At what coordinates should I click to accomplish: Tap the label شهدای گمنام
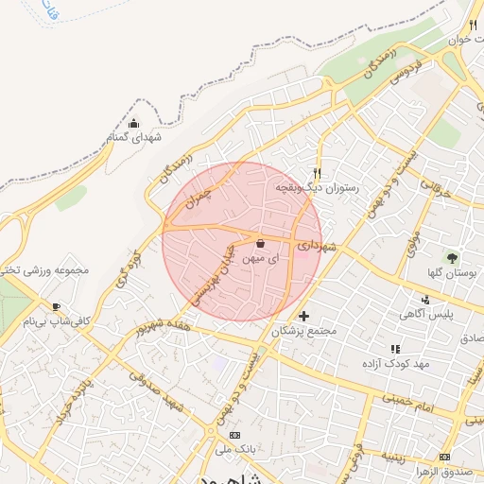pyautogui.click(x=133, y=138)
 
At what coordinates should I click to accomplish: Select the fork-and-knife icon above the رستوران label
pyautogui.click(x=317, y=173)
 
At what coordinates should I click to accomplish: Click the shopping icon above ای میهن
pyautogui.click(x=260, y=243)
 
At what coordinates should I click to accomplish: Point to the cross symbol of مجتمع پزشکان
pyautogui.click(x=303, y=316)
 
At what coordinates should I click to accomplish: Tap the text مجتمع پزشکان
pyautogui.click(x=303, y=332)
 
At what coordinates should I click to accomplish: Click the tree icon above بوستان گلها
pyautogui.click(x=452, y=256)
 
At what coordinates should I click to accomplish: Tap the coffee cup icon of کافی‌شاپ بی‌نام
pyautogui.click(x=56, y=306)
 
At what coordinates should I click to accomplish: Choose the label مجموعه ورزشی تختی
pyautogui.click(x=45, y=269)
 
